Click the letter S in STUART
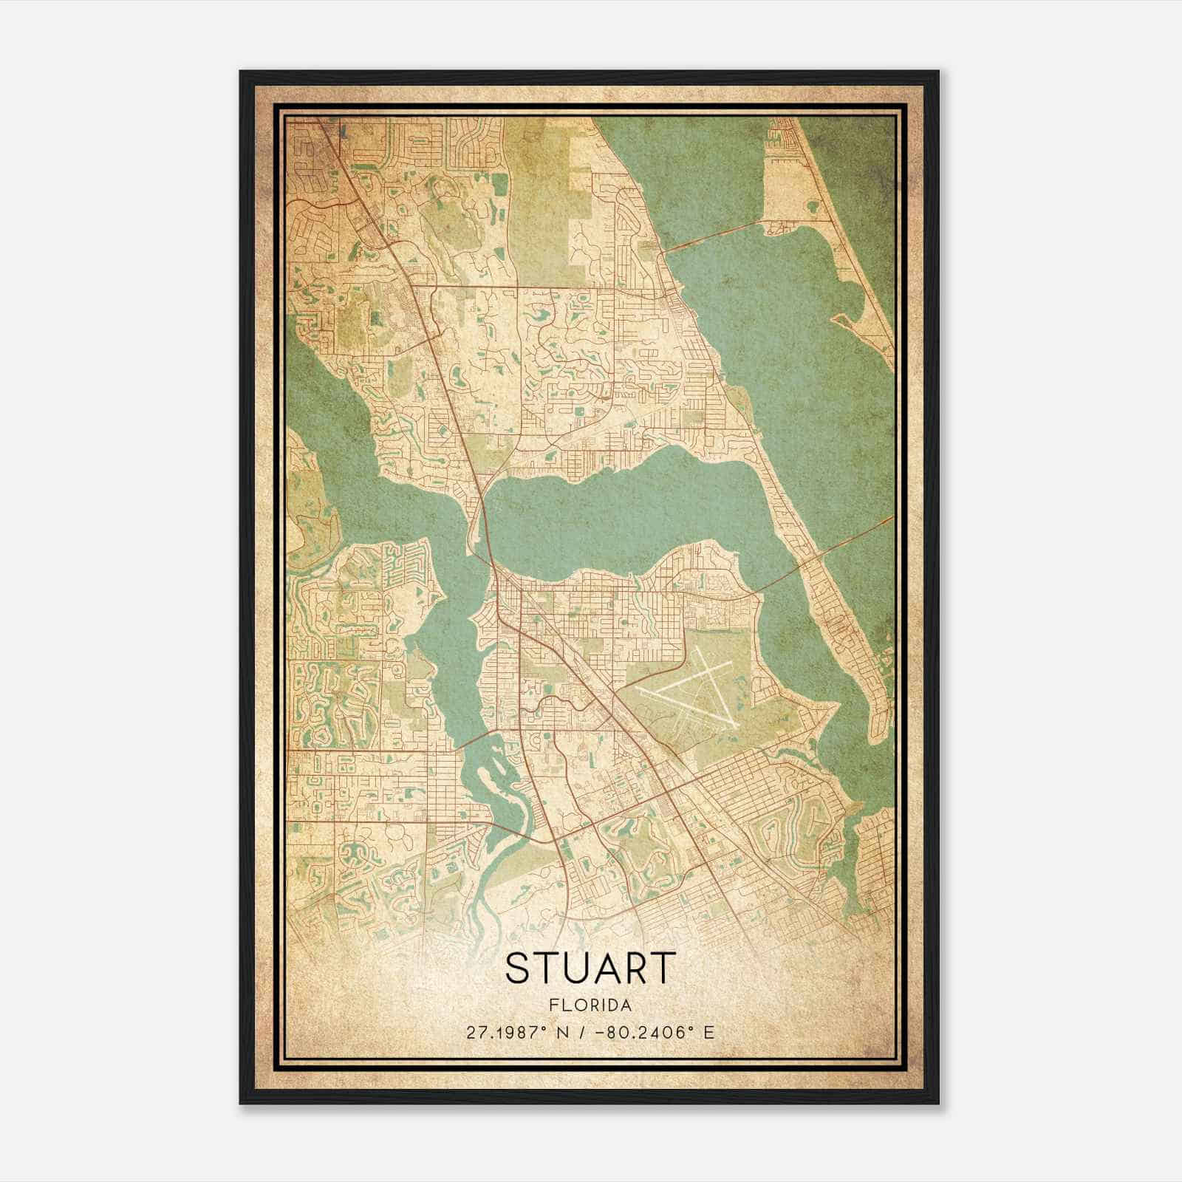tap(520, 968)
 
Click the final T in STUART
tap(666, 968)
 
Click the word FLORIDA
tap(590, 1005)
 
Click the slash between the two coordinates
tap(585, 1032)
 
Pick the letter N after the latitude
tap(565, 1032)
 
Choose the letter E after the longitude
tap(709, 1032)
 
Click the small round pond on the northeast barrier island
tap(813, 208)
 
